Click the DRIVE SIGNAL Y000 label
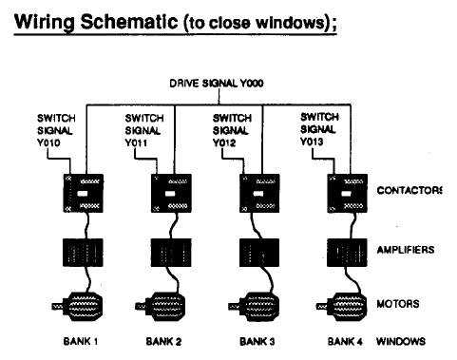(x=217, y=84)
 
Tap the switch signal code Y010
(x=48, y=142)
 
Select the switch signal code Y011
(x=136, y=142)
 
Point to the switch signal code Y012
(x=224, y=142)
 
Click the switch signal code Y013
(x=312, y=142)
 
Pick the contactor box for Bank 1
(x=84, y=193)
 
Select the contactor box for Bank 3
(x=259, y=193)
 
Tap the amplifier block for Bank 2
(x=171, y=253)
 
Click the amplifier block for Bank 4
(x=347, y=253)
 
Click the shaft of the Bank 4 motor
(x=322, y=306)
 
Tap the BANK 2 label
(x=163, y=341)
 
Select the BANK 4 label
(x=345, y=341)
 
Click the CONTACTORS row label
(x=409, y=190)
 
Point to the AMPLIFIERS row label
(x=406, y=250)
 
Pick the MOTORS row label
(x=398, y=304)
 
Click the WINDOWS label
(x=401, y=341)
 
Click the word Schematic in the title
(x=129, y=22)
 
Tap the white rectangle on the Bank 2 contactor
(x=170, y=194)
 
